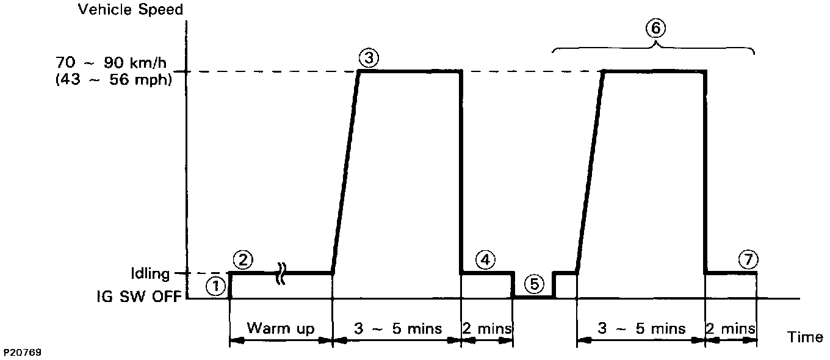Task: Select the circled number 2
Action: [243, 260]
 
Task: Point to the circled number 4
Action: [485, 260]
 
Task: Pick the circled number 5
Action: [533, 284]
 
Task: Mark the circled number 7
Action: [748, 260]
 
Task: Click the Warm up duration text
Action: [280, 329]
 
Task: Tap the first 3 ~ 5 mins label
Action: [397, 329]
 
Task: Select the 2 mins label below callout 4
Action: [487, 329]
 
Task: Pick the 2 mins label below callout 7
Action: [731, 329]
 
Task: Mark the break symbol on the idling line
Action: [282, 273]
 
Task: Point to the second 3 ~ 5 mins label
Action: [641, 329]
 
